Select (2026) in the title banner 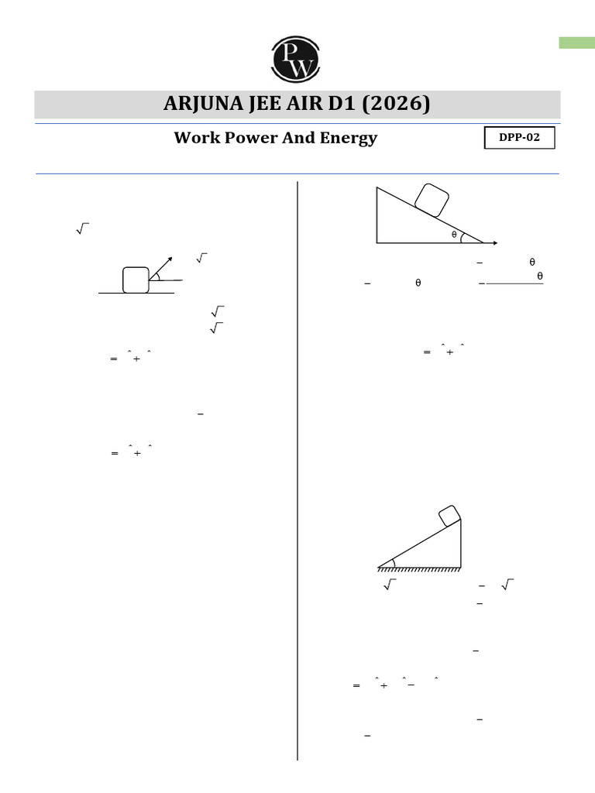398,104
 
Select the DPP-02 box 520,138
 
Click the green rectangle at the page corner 576,43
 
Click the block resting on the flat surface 136,280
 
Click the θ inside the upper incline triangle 454,235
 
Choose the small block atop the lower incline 449,517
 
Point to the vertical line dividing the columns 297,465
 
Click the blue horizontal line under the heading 297,173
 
